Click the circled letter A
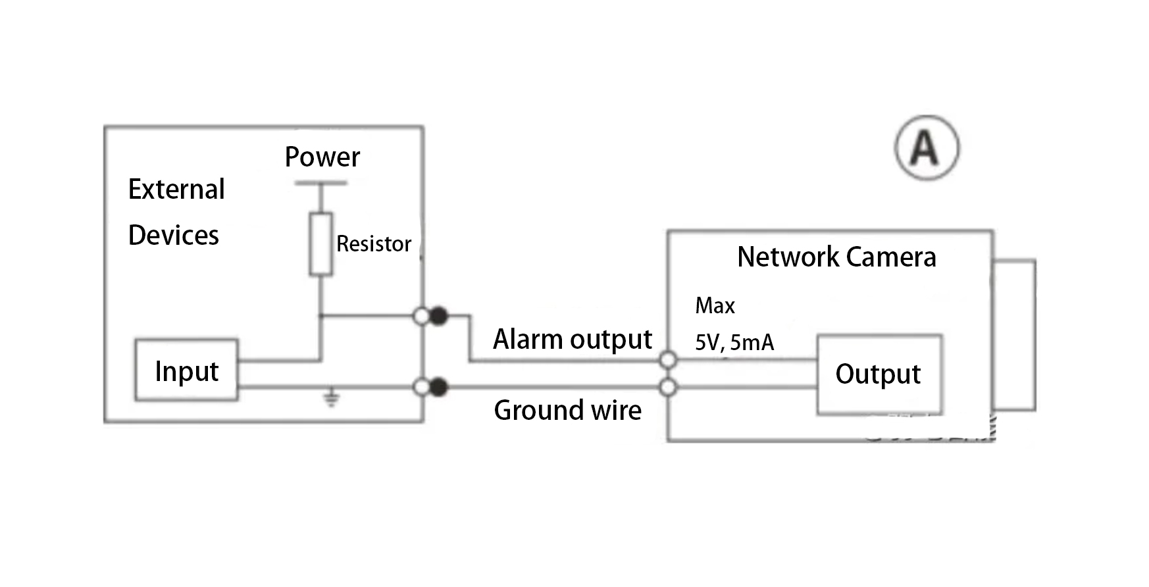click(x=927, y=147)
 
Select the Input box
click(x=186, y=370)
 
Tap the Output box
click(x=879, y=374)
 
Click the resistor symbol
click(x=320, y=243)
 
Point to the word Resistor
click(x=374, y=244)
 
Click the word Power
click(x=322, y=157)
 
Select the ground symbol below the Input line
click(x=332, y=398)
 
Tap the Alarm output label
click(x=573, y=340)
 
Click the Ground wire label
click(x=567, y=411)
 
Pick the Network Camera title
click(x=836, y=257)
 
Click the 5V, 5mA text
click(x=734, y=343)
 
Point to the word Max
click(x=715, y=306)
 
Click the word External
click(x=176, y=190)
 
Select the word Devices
click(x=174, y=236)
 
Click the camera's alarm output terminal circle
click(x=668, y=360)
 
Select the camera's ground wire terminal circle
click(x=668, y=388)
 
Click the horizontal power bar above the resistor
click(x=320, y=184)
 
